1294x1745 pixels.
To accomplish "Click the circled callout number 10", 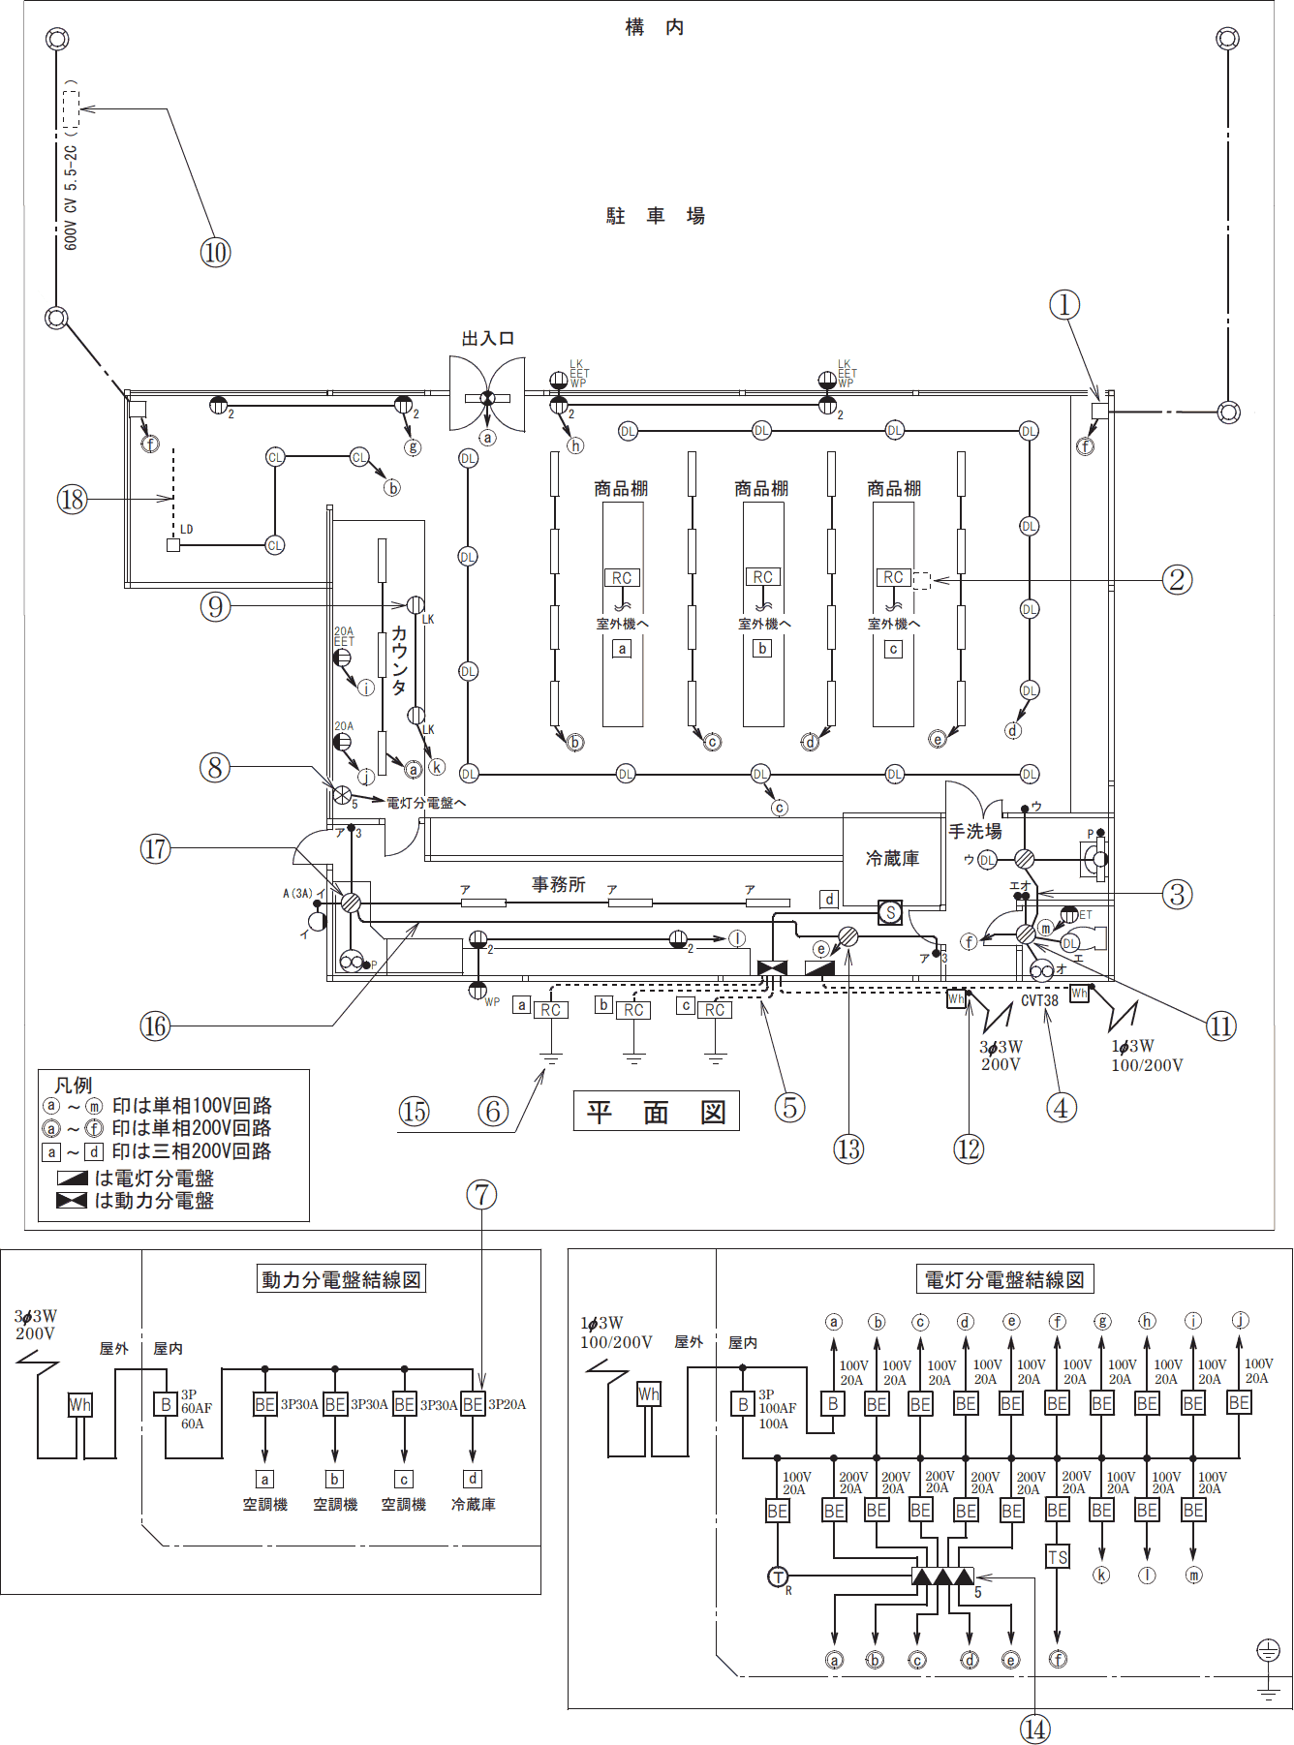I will tap(215, 253).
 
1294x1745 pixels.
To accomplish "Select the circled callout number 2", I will tap(1177, 580).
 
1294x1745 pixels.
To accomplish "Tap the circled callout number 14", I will tap(1035, 1729).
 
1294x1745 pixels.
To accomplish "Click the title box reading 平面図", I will tap(656, 1112).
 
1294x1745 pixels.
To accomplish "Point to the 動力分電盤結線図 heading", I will tap(341, 1279).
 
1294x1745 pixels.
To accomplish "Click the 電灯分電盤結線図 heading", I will tap(1004, 1279).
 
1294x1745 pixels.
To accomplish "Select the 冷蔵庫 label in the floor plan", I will tap(892, 858).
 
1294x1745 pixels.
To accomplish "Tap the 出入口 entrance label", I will tap(487, 338).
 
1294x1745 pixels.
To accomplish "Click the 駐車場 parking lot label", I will tap(656, 216).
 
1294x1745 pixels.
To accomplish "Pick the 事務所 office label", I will tap(558, 884).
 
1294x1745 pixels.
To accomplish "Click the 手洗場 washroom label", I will tap(974, 831).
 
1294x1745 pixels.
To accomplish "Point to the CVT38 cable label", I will tap(1039, 1000).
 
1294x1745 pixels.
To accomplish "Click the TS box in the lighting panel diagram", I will tap(1057, 1557).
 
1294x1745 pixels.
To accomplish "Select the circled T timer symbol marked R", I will tap(778, 1577).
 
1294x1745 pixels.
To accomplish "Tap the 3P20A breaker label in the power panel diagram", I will tap(507, 1404).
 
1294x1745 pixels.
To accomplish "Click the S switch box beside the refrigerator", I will tap(889, 912).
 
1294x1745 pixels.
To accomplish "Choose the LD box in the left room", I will tap(173, 545).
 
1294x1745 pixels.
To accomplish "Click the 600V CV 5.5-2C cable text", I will tap(71, 198).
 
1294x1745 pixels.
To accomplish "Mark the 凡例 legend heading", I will tap(74, 1085).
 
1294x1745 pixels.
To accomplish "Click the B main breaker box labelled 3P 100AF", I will tap(743, 1404).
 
